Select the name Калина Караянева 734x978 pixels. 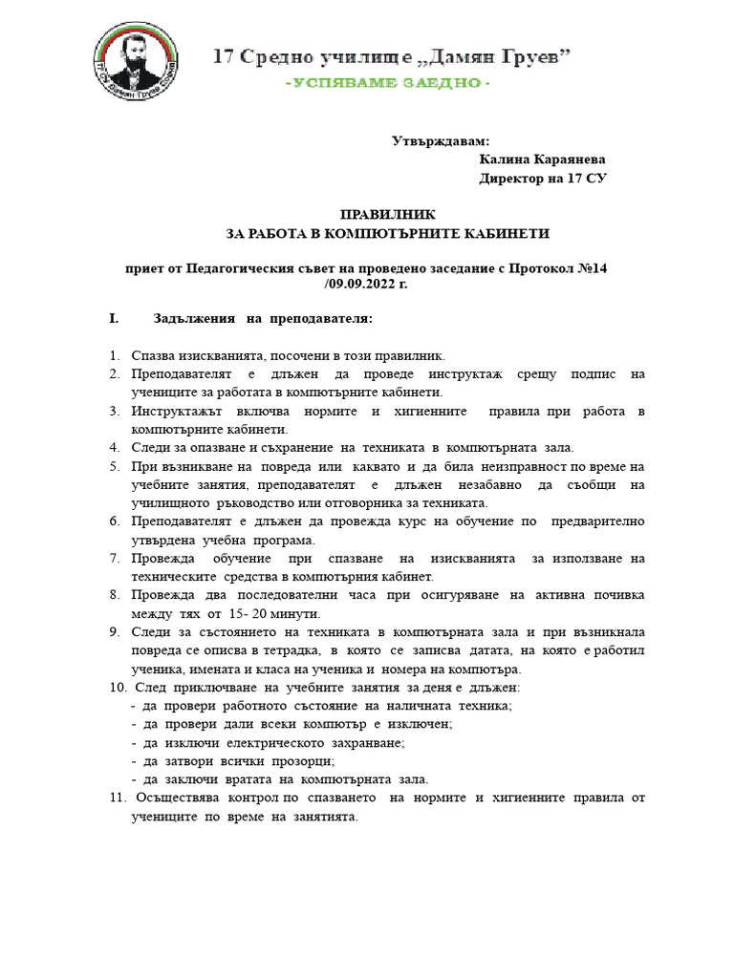pos(542,159)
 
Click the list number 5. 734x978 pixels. pos(113,466)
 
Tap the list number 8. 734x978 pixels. pos(113,595)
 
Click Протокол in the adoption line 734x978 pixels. pos(542,268)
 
